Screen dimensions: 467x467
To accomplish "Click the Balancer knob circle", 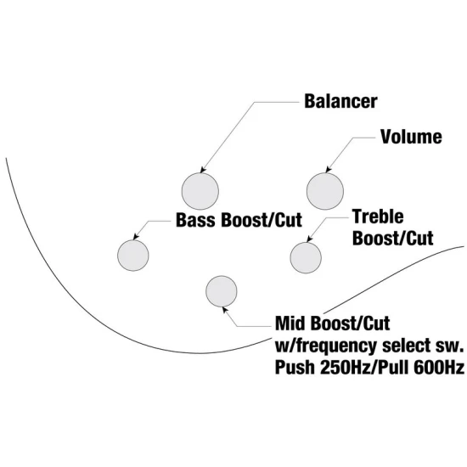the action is [x=200, y=191].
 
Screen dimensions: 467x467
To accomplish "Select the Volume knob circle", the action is [x=325, y=191].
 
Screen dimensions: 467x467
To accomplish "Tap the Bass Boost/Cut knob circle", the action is [x=132, y=256].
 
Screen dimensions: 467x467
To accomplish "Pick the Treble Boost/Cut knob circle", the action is [x=306, y=257].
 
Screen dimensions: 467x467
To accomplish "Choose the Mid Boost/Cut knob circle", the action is [x=222, y=291].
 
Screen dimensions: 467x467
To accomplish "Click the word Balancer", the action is [x=340, y=101].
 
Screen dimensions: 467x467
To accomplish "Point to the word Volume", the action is [x=411, y=137].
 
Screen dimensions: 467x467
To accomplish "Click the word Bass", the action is [x=197, y=220].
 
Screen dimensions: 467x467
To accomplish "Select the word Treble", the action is [x=378, y=217].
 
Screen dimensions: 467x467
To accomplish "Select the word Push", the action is [x=295, y=367].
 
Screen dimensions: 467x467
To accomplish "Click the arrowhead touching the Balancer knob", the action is [x=203, y=170].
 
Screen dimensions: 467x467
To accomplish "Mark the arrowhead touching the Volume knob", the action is [x=328, y=170].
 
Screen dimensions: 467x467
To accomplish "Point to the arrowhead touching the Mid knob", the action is [x=225, y=309].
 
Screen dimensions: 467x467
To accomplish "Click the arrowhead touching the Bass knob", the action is [x=136, y=237].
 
